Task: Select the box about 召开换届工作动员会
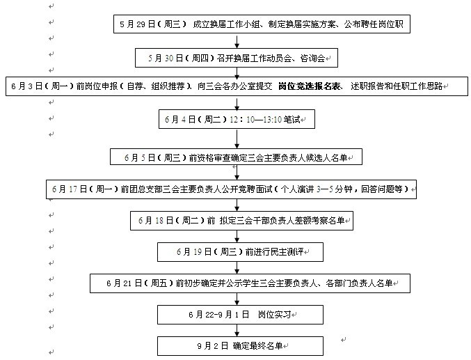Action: point(237,57)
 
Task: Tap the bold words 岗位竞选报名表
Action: point(308,86)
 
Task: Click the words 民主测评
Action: point(285,251)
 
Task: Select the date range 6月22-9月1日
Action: point(213,315)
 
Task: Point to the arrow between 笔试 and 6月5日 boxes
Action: point(237,139)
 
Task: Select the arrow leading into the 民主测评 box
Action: point(237,237)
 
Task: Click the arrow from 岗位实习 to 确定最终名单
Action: point(237,331)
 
